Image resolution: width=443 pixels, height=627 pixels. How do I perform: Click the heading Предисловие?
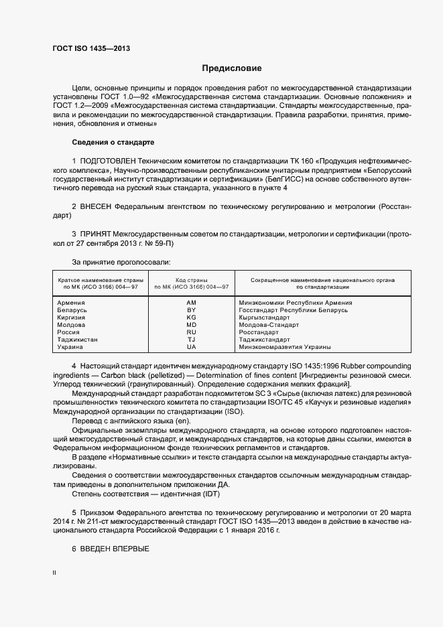pyautogui.click(x=232, y=68)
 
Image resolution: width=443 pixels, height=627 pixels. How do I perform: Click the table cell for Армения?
pyautogui.click(x=71, y=303)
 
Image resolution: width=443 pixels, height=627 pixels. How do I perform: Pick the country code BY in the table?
pyautogui.click(x=191, y=310)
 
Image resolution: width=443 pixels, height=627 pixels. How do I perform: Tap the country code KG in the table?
pyautogui.click(x=191, y=318)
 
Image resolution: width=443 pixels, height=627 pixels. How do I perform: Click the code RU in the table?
pyautogui.click(x=191, y=332)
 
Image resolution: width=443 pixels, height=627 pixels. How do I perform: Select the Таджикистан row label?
pyautogui.click(x=78, y=340)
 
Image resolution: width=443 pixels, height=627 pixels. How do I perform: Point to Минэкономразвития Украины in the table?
pyautogui.click(x=284, y=347)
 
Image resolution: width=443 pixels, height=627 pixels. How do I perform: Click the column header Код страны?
pyautogui.click(x=191, y=279)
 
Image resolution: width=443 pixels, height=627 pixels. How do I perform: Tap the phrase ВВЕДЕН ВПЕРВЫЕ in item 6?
pyautogui.click(x=114, y=549)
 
